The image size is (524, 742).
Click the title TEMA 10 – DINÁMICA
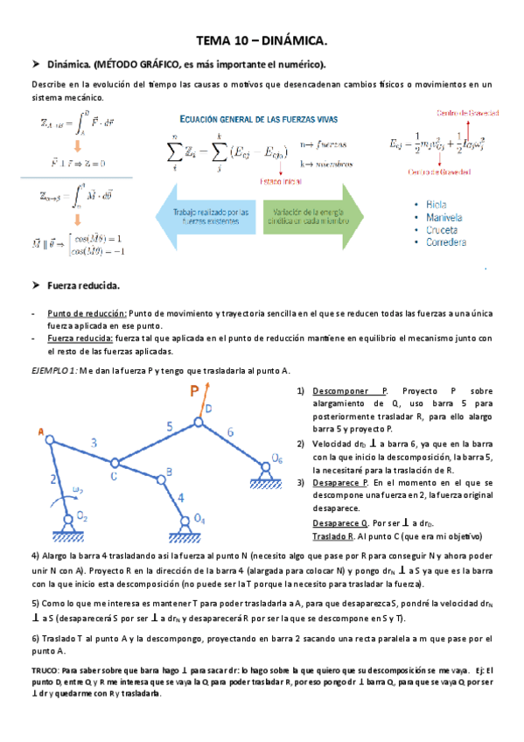pyautogui.click(x=261, y=40)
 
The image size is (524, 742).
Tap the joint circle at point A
pyautogui.click(x=51, y=441)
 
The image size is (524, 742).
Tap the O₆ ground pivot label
pyautogui.click(x=276, y=458)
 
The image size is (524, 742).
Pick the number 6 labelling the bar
pyautogui.click(x=230, y=431)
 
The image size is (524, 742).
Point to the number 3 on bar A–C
pyautogui.click(x=94, y=443)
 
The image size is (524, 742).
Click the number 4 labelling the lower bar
pyautogui.click(x=180, y=497)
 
